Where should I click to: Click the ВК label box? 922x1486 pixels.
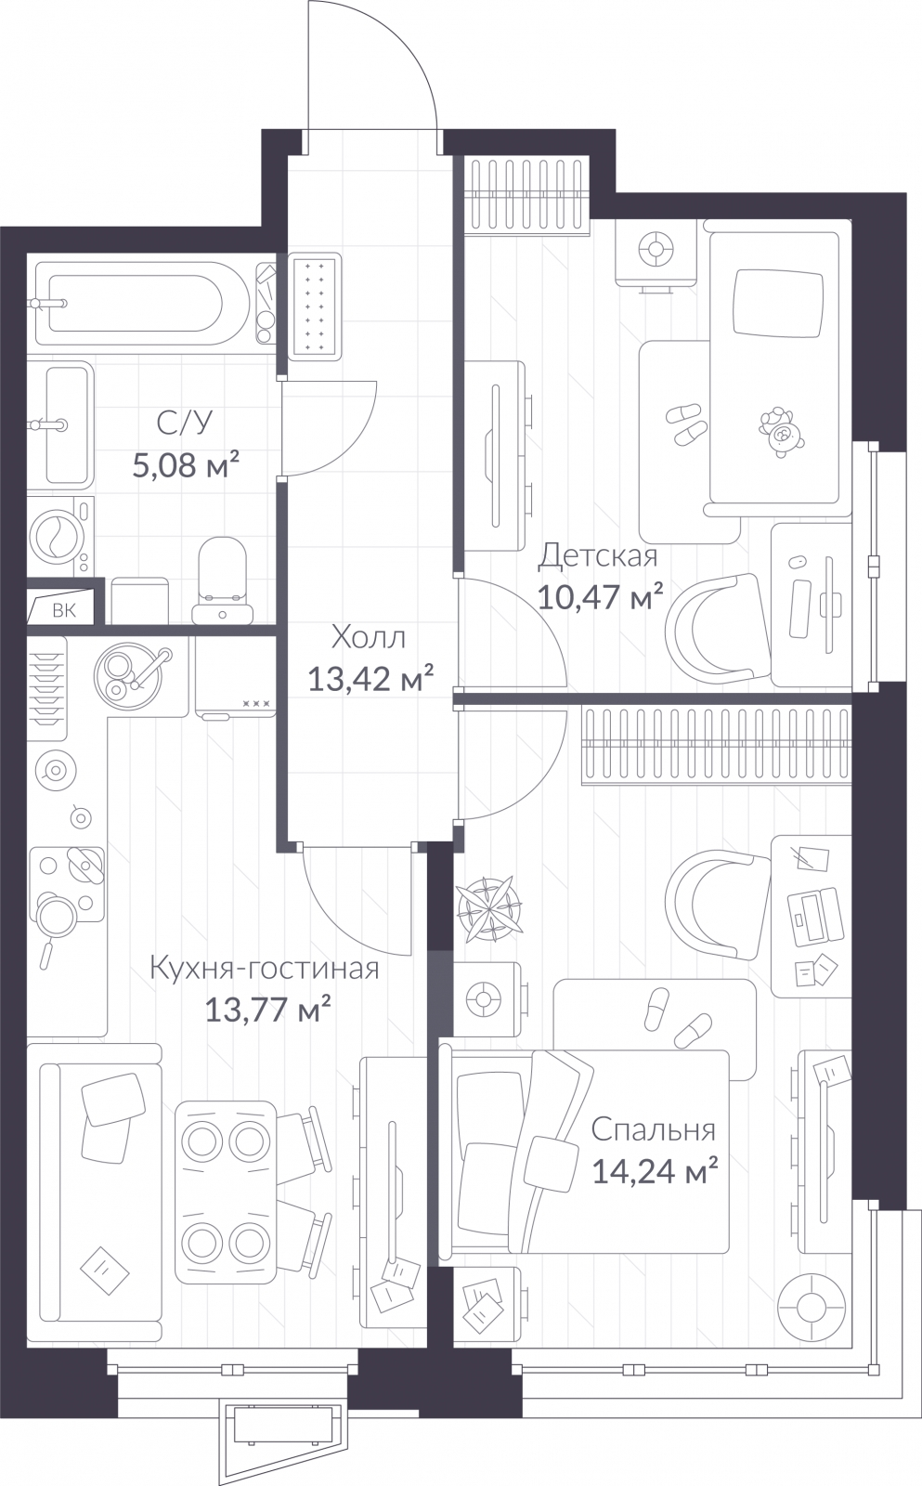point(62,610)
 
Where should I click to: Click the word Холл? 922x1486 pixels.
point(369,638)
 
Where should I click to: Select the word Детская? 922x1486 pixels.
point(599,556)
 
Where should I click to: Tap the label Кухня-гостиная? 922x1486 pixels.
point(265,969)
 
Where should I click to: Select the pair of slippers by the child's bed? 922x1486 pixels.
point(688,424)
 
